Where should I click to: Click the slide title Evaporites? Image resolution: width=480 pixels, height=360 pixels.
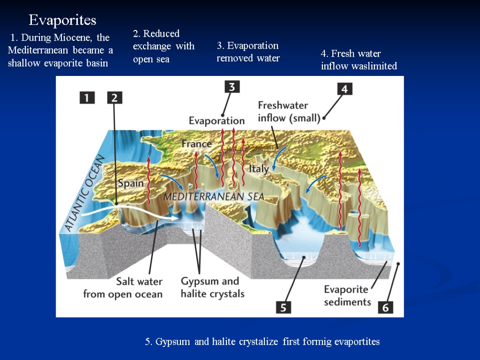point(62,20)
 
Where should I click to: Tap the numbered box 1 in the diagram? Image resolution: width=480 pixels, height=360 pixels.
point(87,97)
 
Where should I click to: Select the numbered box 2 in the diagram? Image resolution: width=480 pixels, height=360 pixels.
point(115,97)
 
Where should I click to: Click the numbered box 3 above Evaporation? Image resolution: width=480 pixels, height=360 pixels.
point(232,87)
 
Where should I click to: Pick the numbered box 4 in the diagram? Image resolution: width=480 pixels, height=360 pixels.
point(344,89)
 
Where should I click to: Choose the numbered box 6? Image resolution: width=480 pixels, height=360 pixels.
point(385,307)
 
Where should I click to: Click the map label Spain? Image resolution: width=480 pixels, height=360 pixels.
point(130,183)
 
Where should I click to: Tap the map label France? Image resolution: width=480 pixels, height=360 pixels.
point(196,144)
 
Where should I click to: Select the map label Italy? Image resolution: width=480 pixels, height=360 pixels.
point(258,168)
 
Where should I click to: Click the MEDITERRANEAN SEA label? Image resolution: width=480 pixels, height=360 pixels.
point(213,197)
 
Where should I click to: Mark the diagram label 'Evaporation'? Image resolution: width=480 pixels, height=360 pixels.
point(217,120)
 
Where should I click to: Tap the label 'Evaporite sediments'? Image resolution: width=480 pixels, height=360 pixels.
point(347,295)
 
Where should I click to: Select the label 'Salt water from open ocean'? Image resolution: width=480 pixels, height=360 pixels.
point(123,288)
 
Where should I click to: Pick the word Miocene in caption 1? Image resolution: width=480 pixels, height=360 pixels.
point(75,37)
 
